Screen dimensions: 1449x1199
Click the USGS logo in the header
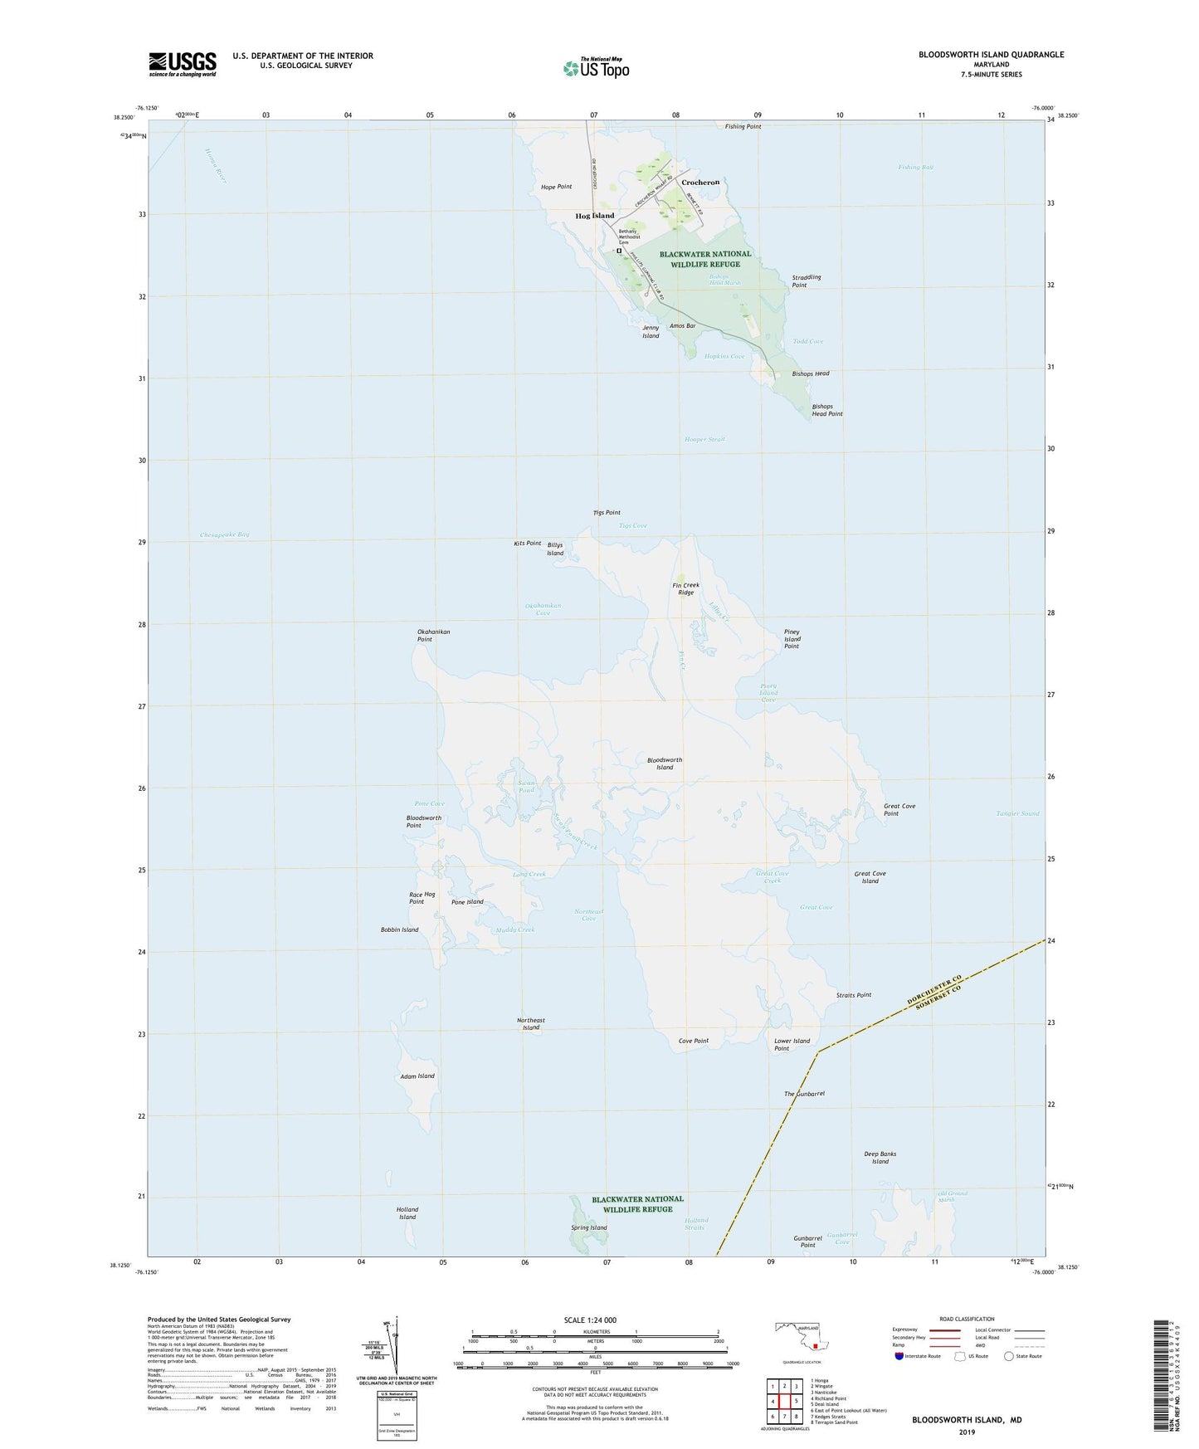(x=183, y=64)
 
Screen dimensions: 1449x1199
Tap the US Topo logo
(x=596, y=68)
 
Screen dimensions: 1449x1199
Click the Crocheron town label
(x=700, y=182)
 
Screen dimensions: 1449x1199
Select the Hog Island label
(x=595, y=216)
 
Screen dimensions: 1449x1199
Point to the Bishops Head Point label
(x=826, y=410)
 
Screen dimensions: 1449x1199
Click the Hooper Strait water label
(x=704, y=439)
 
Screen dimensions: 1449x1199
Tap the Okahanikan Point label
(x=433, y=636)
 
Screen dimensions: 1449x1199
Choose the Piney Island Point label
(x=792, y=639)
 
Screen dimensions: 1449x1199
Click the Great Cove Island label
(x=870, y=877)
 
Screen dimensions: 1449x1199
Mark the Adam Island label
(x=417, y=1076)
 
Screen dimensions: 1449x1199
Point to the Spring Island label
(x=589, y=1227)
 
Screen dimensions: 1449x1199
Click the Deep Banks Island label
(x=880, y=1158)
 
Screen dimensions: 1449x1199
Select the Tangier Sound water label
(x=1017, y=813)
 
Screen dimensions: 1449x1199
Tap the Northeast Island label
(x=531, y=1024)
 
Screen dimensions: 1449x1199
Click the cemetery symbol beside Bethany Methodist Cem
(x=618, y=250)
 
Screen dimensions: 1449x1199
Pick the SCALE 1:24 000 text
(x=589, y=1320)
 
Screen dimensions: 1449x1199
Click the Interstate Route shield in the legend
(x=899, y=1356)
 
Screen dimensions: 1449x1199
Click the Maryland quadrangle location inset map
(x=802, y=1336)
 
